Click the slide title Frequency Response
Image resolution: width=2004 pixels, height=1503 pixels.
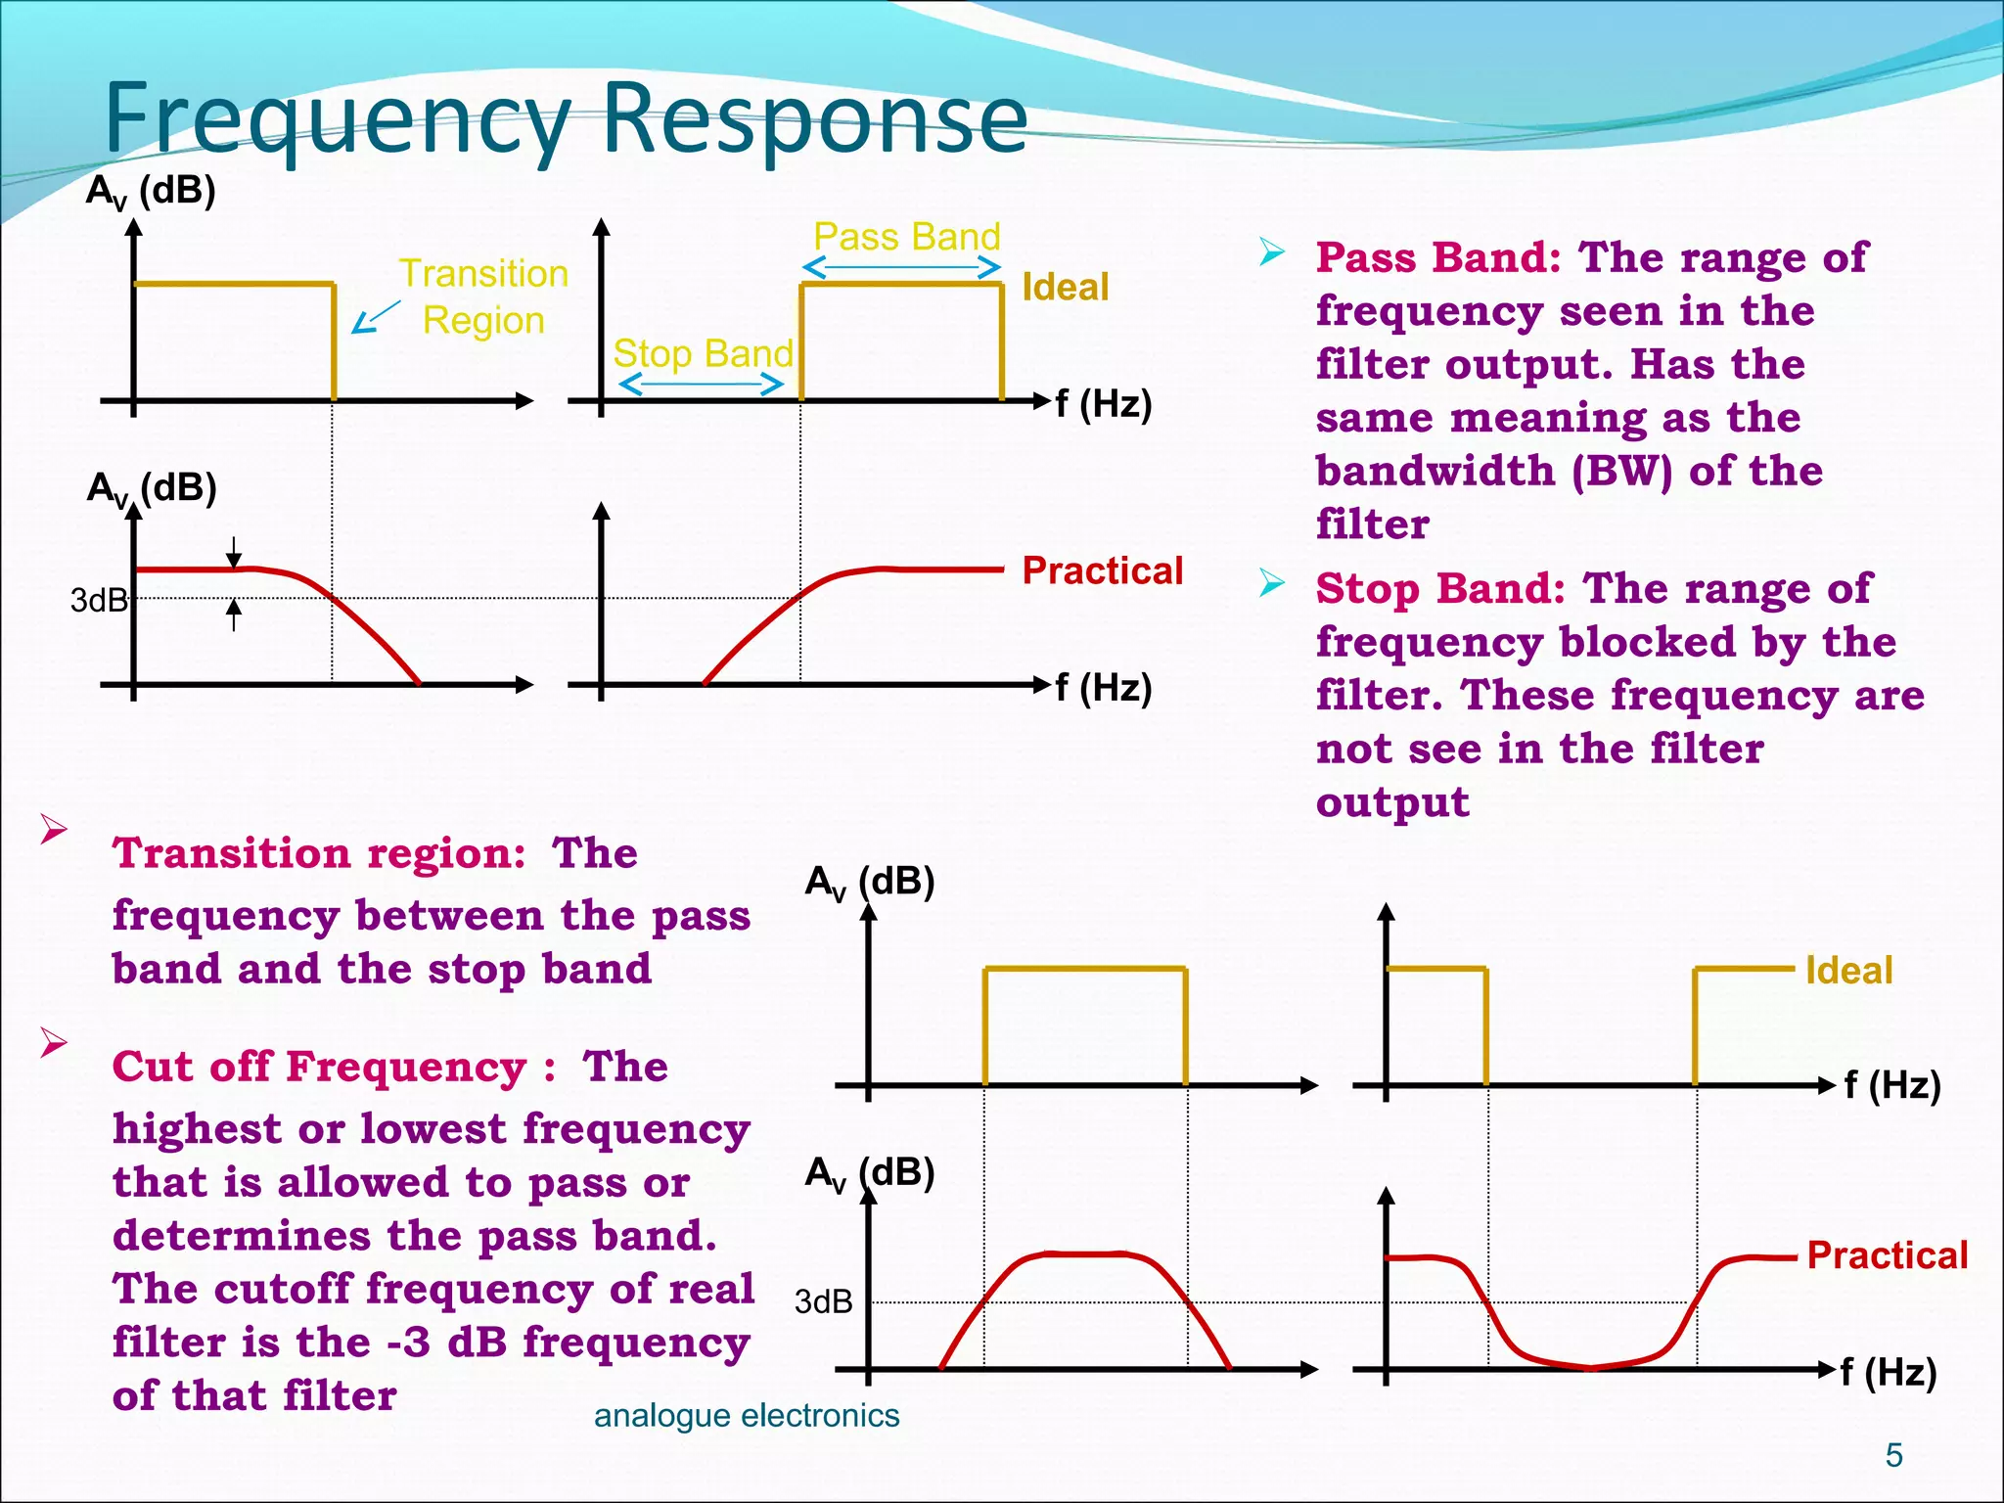[x=566, y=119]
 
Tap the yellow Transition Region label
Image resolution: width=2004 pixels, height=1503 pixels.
[x=483, y=296]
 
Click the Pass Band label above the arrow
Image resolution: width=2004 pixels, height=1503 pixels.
[x=906, y=237]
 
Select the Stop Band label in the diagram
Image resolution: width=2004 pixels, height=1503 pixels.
[x=703, y=353]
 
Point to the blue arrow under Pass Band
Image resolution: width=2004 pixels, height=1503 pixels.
[x=901, y=267]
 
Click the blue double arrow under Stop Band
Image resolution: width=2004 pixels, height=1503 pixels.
[x=702, y=385]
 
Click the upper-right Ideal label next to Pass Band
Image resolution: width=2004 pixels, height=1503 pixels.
[x=1065, y=288]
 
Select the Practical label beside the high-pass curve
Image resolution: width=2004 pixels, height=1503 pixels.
[x=1103, y=570]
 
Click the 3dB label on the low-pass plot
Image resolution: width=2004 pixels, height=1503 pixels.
[x=99, y=600]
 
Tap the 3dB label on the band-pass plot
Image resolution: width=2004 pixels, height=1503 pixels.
[x=823, y=1302]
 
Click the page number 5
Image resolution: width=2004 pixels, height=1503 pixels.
[x=1893, y=1455]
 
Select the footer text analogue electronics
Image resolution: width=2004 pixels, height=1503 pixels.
[x=746, y=1416]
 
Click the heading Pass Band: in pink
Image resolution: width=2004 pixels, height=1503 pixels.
[x=1437, y=257]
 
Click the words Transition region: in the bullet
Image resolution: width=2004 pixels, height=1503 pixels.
[x=319, y=853]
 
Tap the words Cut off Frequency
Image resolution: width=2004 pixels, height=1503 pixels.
[x=319, y=1067]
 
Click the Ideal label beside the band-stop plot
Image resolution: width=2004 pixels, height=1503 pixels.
[x=1848, y=971]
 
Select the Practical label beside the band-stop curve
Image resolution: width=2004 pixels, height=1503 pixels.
[x=1887, y=1255]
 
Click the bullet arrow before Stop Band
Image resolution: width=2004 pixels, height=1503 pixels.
[x=1272, y=584]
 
